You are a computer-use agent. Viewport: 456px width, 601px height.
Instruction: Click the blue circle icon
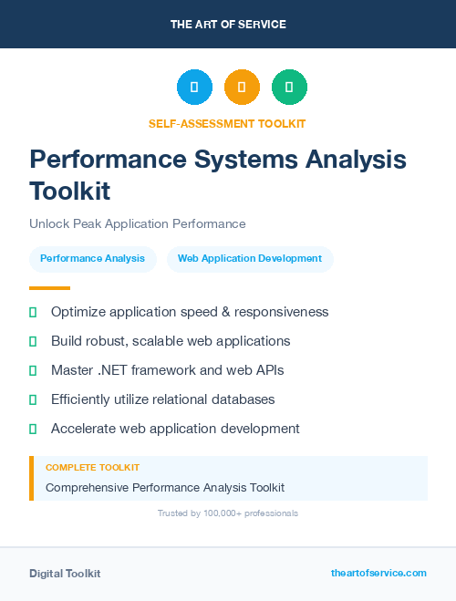[x=194, y=87]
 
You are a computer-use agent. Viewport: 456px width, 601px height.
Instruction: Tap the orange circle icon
[x=242, y=87]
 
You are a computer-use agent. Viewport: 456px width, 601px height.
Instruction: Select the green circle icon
[x=289, y=87]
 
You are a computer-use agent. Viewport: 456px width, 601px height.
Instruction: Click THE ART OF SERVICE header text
[x=228, y=25]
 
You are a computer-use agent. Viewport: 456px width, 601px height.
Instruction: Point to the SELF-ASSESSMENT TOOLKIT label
[x=227, y=123]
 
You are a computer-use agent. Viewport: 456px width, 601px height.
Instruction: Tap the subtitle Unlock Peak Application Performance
[x=138, y=223]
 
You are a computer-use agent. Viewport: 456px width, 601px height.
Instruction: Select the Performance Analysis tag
[x=92, y=259]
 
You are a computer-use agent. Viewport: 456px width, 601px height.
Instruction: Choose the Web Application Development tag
[x=250, y=259]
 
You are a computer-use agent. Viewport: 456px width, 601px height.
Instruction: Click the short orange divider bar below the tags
[x=36, y=287]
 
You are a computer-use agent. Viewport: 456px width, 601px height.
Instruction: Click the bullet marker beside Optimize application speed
[x=33, y=312]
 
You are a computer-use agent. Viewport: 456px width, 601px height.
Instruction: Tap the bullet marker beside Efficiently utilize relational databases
[x=33, y=399]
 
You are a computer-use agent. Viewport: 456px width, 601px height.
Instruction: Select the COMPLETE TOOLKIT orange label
[x=92, y=467]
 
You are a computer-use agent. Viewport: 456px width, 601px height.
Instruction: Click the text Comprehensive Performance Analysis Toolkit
[x=165, y=488]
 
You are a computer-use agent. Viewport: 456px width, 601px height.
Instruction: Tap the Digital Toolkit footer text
[x=65, y=574]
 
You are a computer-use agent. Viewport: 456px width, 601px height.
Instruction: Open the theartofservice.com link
[x=378, y=573]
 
